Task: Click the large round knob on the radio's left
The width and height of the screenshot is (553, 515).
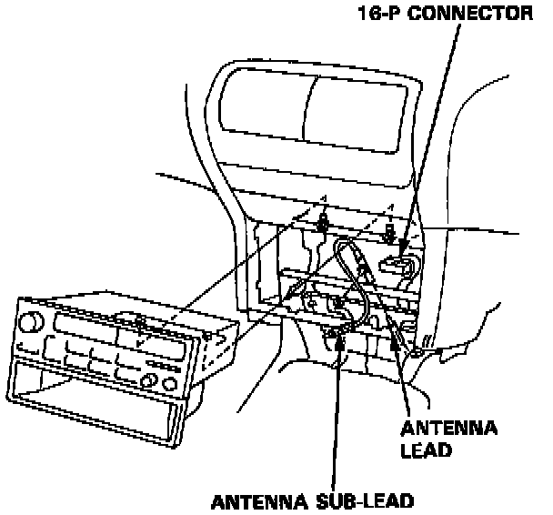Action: (x=34, y=321)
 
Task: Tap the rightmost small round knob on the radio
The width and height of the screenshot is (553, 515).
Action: (x=170, y=381)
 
